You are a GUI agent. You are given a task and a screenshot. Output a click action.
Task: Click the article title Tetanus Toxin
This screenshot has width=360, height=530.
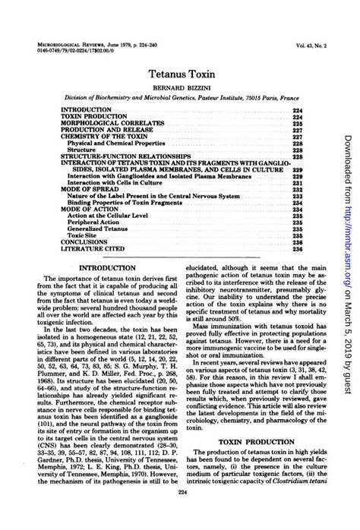(180, 76)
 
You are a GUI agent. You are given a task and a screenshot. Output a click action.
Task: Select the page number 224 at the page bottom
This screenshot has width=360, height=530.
(180, 515)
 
